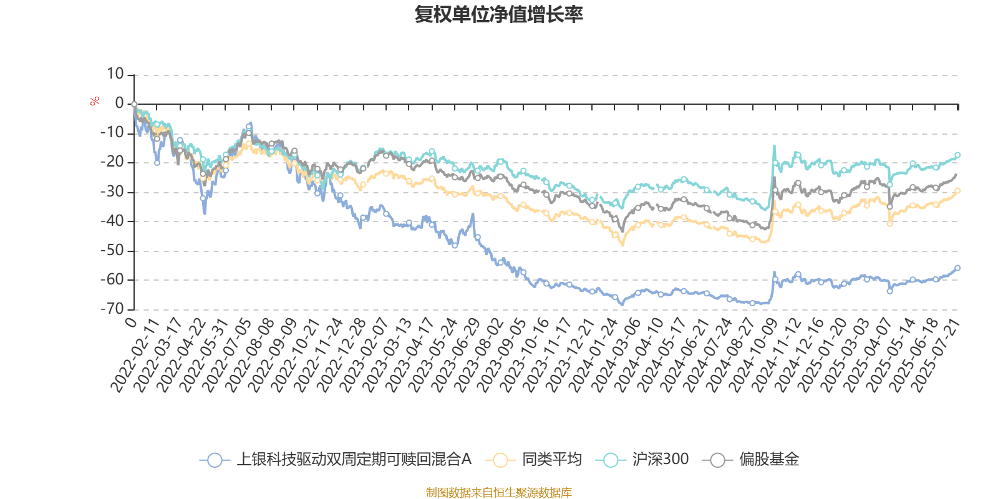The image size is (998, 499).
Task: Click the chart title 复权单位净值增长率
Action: pos(499,15)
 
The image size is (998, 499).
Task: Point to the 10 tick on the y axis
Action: pos(115,74)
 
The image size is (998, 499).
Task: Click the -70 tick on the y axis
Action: pos(113,309)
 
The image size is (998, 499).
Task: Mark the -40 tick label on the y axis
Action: pos(113,221)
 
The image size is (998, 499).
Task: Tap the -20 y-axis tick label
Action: pos(113,162)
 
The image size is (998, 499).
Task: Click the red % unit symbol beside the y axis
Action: pos(95,101)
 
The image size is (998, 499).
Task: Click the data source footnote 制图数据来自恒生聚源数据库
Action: pos(499,493)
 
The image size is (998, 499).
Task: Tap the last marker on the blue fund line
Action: pos(957,268)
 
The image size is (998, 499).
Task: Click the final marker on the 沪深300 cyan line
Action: pos(957,155)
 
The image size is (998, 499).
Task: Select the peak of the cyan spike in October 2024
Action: pos(774,146)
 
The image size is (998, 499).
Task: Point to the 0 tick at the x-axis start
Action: pos(130,322)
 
